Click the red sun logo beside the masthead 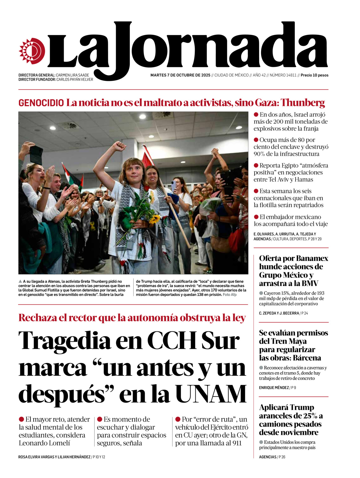[x=32, y=51]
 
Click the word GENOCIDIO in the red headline [x=41, y=103]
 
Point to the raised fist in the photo [x=119, y=146]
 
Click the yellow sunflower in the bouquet [x=154, y=219]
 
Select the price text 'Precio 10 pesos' [x=314, y=75]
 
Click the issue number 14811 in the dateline [x=291, y=75]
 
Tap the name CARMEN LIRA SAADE [x=72, y=75]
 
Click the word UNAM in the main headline [x=211, y=394]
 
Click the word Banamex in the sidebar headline [x=312, y=258]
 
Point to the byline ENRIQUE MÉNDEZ [x=274, y=388]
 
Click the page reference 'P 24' [x=305, y=313]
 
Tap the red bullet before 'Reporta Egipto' [x=256, y=165]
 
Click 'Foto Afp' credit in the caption [x=229, y=295]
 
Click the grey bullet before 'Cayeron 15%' [x=261, y=293]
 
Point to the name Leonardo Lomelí [x=44, y=443]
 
